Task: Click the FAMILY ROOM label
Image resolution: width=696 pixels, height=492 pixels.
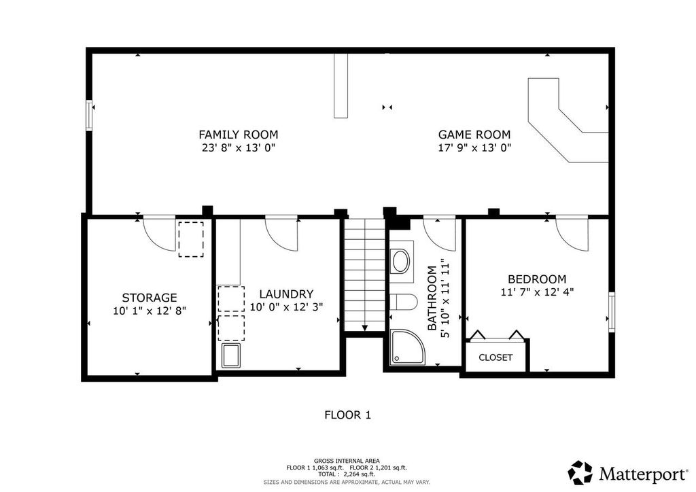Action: tap(238, 135)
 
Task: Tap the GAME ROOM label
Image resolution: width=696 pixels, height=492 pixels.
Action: tap(474, 135)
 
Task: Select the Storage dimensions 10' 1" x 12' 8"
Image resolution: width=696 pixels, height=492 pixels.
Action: tap(150, 310)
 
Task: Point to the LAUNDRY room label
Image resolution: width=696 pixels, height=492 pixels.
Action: tap(286, 294)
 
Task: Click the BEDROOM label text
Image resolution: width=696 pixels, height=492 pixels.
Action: tap(537, 279)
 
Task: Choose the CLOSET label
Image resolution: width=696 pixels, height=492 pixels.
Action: tap(495, 357)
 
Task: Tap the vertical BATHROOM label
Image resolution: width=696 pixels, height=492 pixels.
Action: tap(432, 298)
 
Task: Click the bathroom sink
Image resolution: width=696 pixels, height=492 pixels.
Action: tap(401, 262)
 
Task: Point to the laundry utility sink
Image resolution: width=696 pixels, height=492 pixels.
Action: tap(230, 355)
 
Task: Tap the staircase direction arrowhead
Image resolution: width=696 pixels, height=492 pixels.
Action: tap(365, 328)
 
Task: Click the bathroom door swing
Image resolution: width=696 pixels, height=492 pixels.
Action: tap(438, 233)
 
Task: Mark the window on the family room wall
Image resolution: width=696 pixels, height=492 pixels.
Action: tap(88, 115)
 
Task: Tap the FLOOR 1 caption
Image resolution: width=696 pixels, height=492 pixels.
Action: tap(347, 415)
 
